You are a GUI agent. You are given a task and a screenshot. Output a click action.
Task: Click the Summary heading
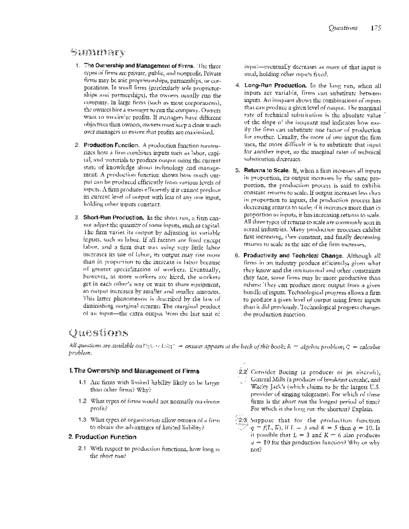pos(97,53)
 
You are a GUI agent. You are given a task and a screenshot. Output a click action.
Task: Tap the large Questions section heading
pos(99,332)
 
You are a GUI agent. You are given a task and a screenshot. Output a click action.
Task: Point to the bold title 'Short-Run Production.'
pos(114,217)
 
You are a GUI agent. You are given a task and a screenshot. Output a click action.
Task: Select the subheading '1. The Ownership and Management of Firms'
pos(134,371)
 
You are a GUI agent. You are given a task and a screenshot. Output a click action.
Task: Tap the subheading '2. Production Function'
pos(102,437)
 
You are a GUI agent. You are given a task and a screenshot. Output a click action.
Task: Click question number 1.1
pos(82,383)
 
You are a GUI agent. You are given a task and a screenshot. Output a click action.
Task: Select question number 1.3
pos(82,420)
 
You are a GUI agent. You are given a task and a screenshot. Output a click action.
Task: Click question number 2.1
pos(82,449)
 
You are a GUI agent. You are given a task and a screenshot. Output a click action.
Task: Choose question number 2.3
pos(243,421)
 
